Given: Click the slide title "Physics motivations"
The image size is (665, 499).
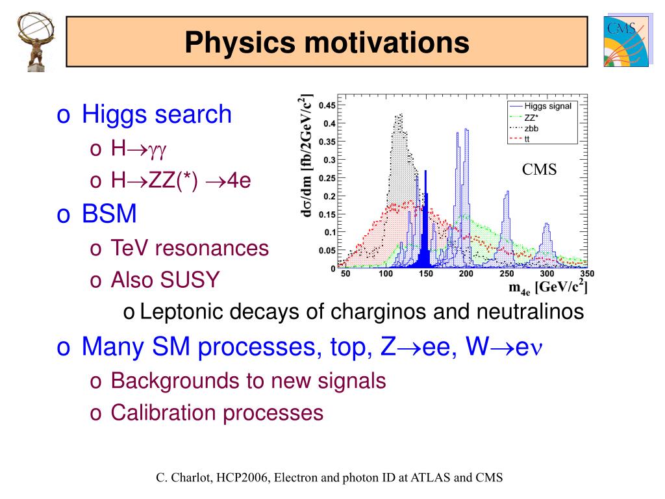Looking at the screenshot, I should [x=327, y=43].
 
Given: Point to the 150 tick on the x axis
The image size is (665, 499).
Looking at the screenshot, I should [x=425, y=275].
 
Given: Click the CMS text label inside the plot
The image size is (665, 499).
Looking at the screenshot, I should [x=540, y=170].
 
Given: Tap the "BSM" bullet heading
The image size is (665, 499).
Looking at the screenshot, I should [x=109, y=213].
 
